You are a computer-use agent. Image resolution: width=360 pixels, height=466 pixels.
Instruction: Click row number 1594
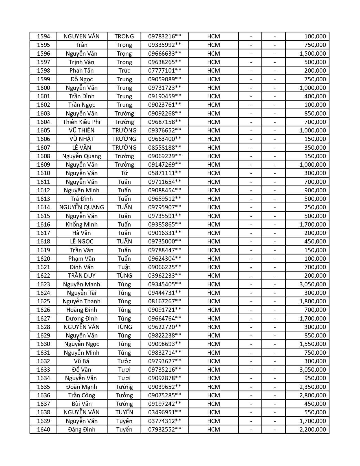(x=43, y=36)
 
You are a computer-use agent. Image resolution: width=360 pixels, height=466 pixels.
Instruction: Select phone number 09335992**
(x=164, y=45)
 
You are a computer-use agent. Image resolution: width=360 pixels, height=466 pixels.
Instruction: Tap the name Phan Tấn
(x=82, y=71)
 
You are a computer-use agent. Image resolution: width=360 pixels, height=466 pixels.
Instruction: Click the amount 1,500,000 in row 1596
(x=313, y=54)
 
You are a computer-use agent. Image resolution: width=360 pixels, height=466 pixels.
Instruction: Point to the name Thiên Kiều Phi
(x=82, y=122)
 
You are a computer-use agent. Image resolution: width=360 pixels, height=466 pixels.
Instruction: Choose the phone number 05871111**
(x=164, y=173)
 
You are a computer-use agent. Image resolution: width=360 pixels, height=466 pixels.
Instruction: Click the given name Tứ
(x=124, y=173)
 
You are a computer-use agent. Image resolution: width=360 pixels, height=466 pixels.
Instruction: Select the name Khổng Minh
(x=82, y=225)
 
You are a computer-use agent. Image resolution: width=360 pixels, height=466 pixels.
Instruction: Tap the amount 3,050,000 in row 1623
(x=313, y=284)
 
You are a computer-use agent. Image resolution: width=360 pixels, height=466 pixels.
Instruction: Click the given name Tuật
(x=124, y=267)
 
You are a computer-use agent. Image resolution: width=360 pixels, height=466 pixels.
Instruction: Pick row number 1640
(x=43, y=430)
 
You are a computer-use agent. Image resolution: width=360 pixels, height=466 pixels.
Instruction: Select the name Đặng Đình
(x=82, y=430)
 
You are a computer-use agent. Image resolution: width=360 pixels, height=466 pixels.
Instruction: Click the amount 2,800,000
(x=313, y=395)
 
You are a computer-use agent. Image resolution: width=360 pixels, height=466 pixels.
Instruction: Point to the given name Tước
(x=124, y=361)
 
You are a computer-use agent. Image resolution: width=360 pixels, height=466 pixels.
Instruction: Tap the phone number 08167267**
(x=164, y=301)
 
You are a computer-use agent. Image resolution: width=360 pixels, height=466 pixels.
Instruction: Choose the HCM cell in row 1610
(x=213, y=173)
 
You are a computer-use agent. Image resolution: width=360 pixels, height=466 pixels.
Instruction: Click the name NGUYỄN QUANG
(x=82, y=207)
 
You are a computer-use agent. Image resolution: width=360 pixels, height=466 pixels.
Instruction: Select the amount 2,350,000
(x=313, y=387)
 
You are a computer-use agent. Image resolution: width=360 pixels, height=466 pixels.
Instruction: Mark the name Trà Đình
(x=82, y=199)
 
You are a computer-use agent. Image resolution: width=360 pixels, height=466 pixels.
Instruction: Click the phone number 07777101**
(x=164, y=71)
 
